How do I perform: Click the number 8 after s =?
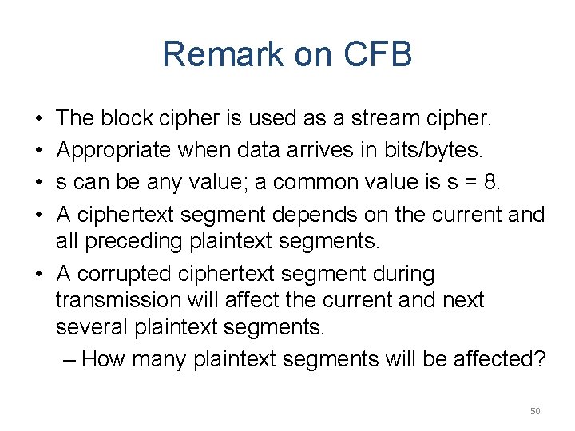(x=490, y=183)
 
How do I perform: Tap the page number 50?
(x=535, y=411)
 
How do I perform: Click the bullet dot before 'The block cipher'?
(x=39, y=119)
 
